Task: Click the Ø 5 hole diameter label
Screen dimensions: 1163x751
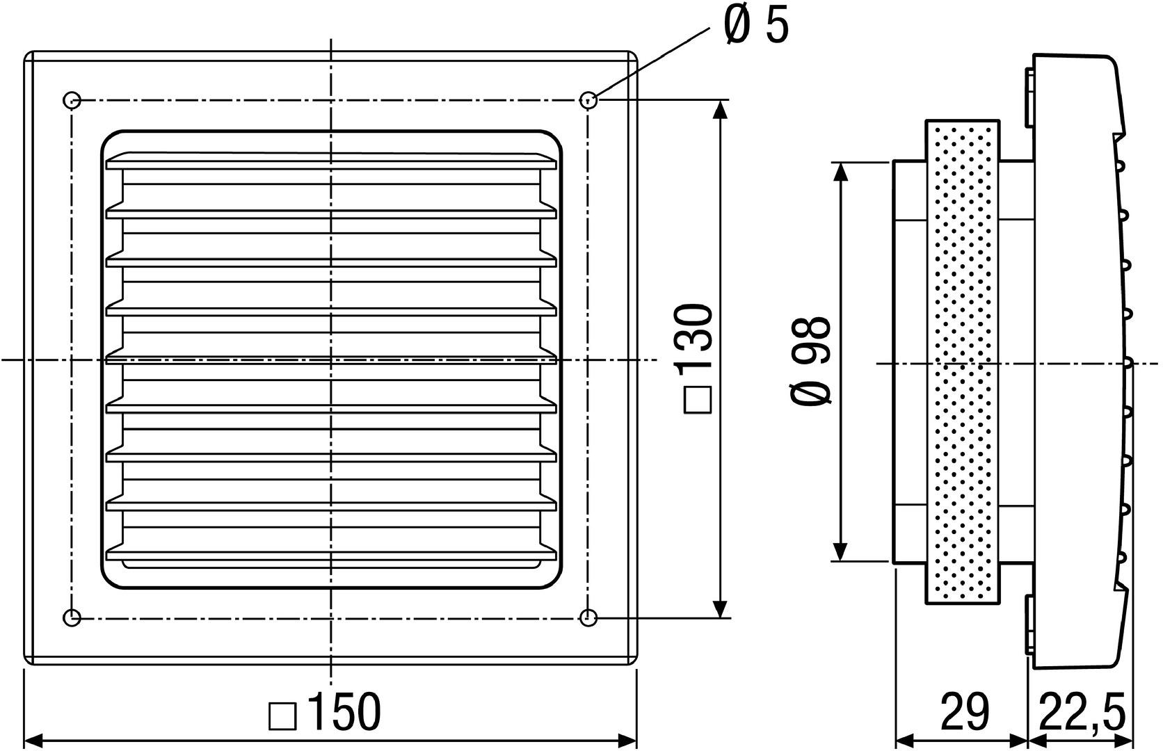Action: (x=757, y=26)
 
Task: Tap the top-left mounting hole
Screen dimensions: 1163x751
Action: (x=72, y=99)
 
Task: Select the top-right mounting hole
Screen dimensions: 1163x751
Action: (x=588, y=99)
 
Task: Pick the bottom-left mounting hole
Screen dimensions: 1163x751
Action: (x=72, y=617)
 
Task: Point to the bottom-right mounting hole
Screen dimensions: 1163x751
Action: (x=588, y=617)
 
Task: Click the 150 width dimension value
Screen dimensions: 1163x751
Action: (x=344, y=712)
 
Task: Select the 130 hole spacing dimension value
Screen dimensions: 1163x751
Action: (x=697, y=337)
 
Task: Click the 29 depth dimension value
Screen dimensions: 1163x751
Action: (x=964, y=712)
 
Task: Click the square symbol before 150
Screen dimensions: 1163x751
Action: (x=282, y=716)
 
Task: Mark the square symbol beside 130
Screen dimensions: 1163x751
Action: (x=698, y=401)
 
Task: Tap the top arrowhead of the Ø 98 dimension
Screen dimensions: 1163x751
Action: (x=840, y=173)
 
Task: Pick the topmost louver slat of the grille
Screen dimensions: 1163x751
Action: (x=331, y=161)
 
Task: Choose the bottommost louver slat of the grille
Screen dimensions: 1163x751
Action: (x=331, y=554)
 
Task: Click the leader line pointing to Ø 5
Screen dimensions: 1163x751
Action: (x=652, y=63)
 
